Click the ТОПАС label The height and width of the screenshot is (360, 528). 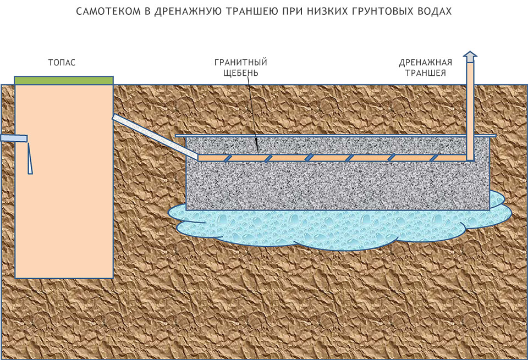point(62,63)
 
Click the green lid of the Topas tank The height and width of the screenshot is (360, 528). point(64,80)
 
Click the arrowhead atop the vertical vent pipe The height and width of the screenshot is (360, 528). point(470,56)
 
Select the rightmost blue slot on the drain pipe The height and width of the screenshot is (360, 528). point(434,158)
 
